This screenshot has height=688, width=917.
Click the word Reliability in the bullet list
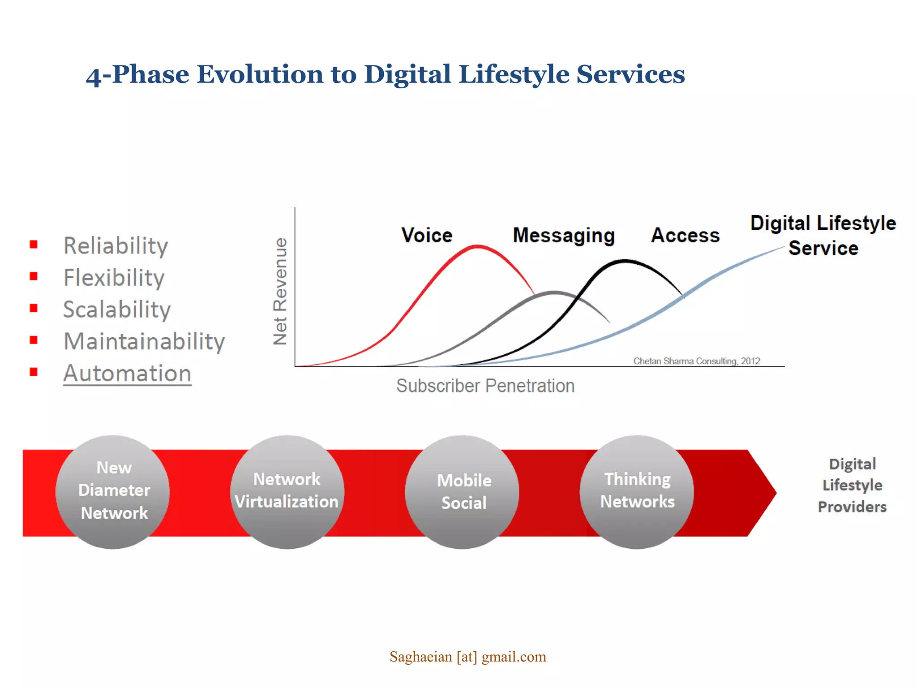point(116,246)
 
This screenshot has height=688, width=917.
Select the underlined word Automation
point(127,374)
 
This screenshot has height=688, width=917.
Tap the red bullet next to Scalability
point(34,308)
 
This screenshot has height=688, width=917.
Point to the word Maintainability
point(144,342)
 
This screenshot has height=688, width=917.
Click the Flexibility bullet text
point(114,278)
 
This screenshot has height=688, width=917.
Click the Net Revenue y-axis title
point(280,291)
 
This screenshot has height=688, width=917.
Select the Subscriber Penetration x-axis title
point(485,386)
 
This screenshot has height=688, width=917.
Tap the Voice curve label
point(427,235)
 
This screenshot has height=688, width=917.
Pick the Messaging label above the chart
point(564,236)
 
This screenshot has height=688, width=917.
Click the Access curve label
point(685,235)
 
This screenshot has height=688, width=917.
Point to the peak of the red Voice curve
point(478,246)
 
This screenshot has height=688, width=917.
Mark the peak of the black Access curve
point(625,260)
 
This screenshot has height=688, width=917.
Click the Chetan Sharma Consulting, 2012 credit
point(696,361)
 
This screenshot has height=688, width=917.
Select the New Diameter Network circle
point(113,492)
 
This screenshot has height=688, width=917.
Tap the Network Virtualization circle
point(287,492)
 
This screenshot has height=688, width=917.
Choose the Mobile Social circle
point(462,492)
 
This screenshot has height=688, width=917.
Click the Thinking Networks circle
point(637,492)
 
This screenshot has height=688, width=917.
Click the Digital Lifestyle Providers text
point(852,486)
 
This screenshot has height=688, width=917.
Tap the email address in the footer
point(467,657)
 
